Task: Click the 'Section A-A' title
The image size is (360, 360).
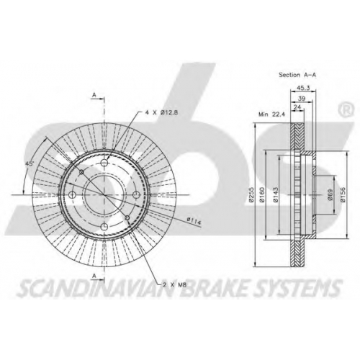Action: pos(297,75)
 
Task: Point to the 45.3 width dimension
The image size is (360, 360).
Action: pos(303,88)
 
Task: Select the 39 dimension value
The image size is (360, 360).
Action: pos(301,99)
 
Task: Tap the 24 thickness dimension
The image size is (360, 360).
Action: pos(297,107)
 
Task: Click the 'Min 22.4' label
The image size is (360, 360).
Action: pos(271,114)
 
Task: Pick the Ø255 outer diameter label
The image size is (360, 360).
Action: pos(251,194)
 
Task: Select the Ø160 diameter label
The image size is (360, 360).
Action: pos(262,194)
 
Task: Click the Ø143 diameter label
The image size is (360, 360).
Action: pos(276,194)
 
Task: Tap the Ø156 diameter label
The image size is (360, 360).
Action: pos(343,194)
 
